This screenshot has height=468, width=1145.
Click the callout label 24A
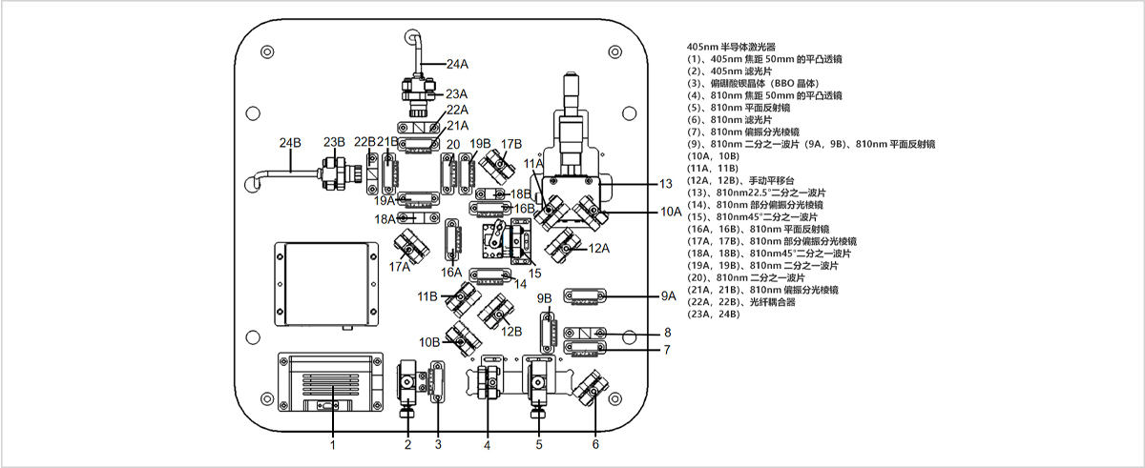click(457, 65)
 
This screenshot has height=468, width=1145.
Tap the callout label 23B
click(334, 142)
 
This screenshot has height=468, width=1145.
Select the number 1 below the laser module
click(333, 443)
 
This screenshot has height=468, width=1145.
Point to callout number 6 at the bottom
click(596, 443)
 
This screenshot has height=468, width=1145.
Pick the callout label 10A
click(671, 212)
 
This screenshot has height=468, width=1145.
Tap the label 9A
click(668, 296)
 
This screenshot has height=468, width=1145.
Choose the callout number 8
click(668, 332)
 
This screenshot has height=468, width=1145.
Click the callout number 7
click(668, 350)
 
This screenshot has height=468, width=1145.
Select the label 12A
click(598, 249)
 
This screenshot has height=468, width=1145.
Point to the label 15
click(534, 274)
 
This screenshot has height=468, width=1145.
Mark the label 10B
click(428, 341)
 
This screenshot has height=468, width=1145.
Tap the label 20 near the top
click(452, 145)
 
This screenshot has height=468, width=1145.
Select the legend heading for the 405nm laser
click(731, 47)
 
